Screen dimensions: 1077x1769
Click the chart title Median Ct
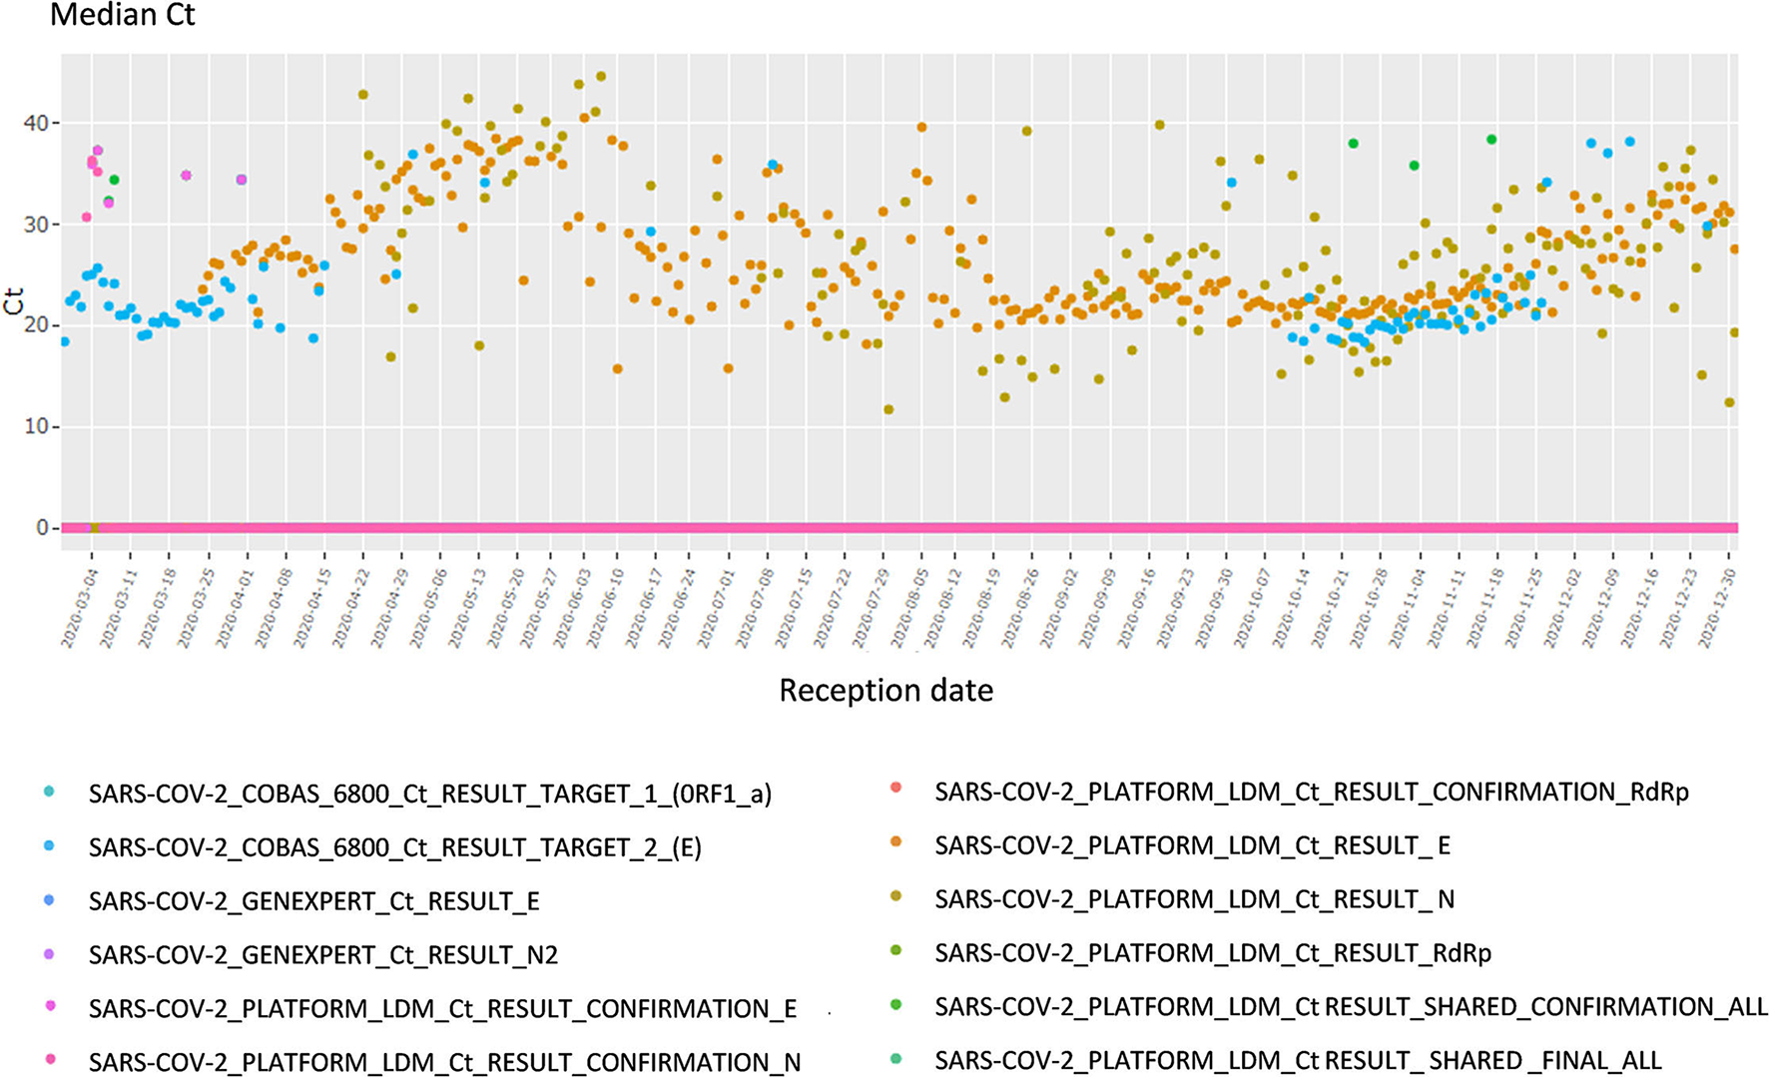(122, 15)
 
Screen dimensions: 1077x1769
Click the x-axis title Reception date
(885, 691)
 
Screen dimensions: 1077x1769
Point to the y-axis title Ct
(14, 300)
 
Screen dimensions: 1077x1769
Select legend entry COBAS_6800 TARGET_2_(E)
(394, 848)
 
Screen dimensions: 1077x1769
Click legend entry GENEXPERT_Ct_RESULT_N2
(322, 955)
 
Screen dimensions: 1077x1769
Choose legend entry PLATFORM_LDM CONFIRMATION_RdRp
(1311, 793)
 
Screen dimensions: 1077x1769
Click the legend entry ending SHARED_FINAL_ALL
(1298, 1060)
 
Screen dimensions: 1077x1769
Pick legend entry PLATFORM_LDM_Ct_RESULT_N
(1194, 900)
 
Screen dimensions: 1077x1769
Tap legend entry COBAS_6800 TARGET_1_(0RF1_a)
(429, 795)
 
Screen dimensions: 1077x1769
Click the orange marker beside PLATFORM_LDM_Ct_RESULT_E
(895, 842)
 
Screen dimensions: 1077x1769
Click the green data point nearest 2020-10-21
(1354, 144)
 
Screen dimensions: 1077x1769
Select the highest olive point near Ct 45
(601, 76)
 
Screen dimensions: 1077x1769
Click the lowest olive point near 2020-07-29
(888, 409)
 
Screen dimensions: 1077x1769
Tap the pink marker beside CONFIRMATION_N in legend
(50, 1059)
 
